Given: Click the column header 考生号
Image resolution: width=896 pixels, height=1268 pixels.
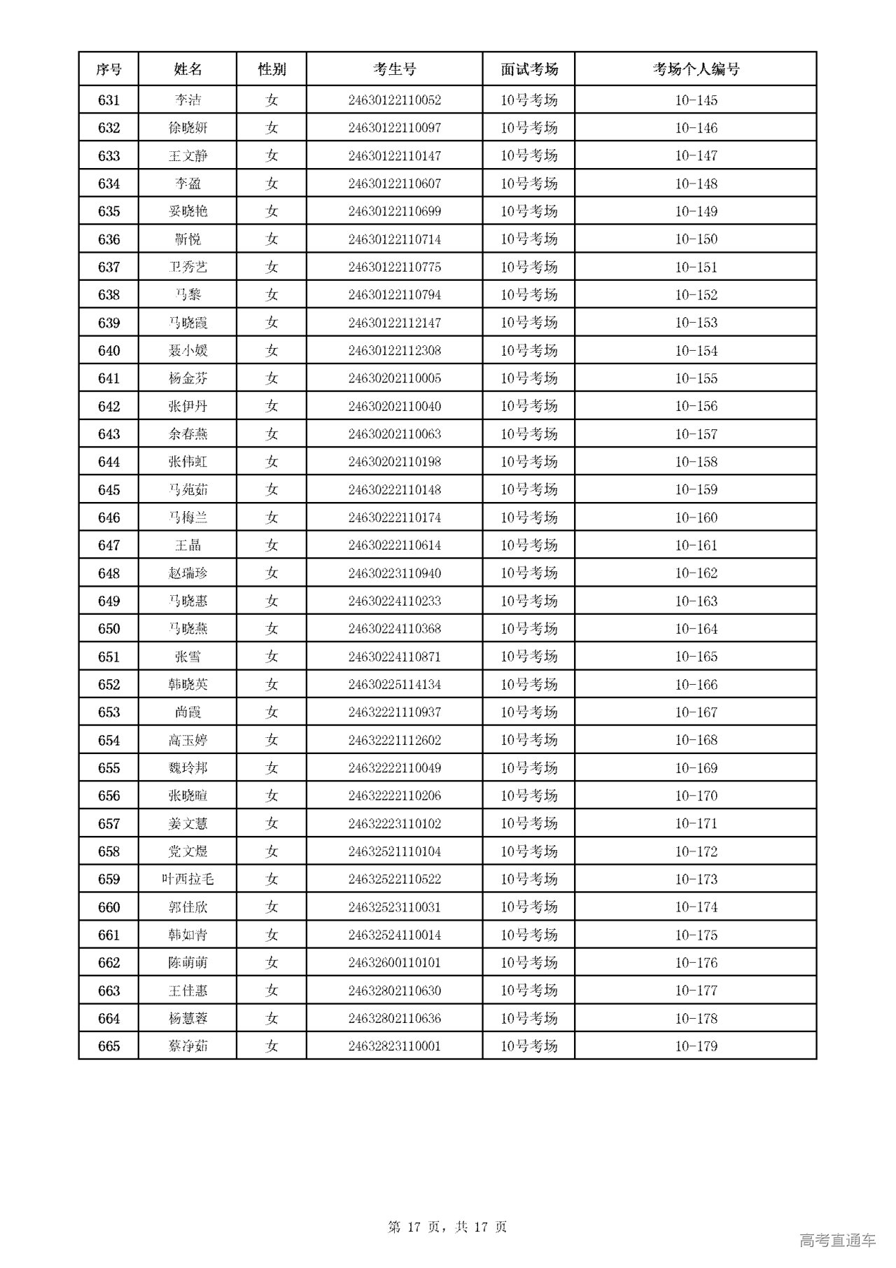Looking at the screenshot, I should coord(394,69).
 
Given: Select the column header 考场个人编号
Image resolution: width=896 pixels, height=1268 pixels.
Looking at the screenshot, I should coord(696,69).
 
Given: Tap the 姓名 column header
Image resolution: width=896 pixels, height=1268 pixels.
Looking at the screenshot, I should coord(188,69).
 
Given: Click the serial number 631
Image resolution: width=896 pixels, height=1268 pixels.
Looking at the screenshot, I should coord(108,100).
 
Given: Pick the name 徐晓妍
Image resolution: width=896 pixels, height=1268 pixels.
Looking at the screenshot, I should coord(188,128).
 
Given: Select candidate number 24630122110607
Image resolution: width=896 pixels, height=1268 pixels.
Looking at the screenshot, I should coord(394,183).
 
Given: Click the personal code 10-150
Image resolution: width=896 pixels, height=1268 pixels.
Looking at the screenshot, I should coord(696,239).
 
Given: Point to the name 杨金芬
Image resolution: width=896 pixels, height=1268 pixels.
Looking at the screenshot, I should coord(188,379).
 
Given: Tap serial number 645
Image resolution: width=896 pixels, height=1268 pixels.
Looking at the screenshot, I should coord(108,490).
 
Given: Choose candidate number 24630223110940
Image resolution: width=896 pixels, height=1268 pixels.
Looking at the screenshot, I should coord(394,573).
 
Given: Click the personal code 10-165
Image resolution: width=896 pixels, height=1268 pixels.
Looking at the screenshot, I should coord(696,657).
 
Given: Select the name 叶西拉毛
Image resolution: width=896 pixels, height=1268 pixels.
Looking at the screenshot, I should coord(188,879).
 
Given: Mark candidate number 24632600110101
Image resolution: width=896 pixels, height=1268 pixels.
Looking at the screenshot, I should coord(394,963).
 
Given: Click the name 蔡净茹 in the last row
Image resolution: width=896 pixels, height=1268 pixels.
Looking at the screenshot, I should coord(188,1046).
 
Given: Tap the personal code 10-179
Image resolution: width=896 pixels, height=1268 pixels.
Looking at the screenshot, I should coord(696,1046).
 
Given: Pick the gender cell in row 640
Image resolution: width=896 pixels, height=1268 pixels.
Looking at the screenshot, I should coord(272,351).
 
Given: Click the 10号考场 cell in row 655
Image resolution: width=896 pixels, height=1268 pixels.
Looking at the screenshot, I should coord(528,768).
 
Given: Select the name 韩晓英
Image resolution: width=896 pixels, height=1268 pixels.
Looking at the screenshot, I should coord(188,685).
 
